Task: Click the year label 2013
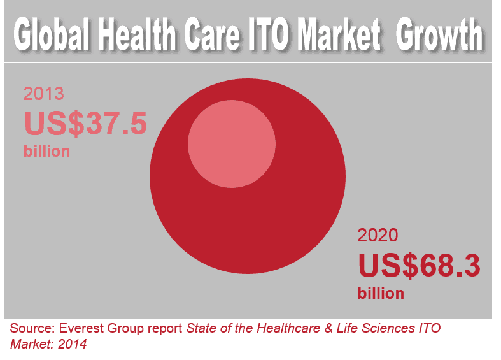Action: (x=44, y=95)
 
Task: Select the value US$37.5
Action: (x=86, y=122)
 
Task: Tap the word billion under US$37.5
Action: (x=46, y=152)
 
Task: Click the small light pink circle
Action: (x=232, y=142)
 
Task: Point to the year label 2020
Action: (x=378, y=236)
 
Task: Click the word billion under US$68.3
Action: (x=381, y=294)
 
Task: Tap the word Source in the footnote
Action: (x=32, y=329)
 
